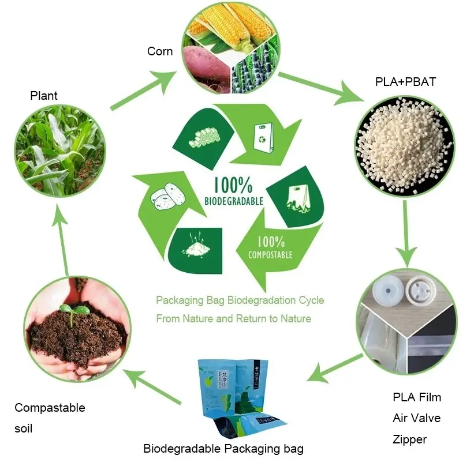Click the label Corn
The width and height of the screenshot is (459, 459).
[160, 51]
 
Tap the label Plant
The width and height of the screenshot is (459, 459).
[44, 95]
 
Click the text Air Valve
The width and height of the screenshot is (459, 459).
[416, 418]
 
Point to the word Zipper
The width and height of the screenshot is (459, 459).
[409, 439]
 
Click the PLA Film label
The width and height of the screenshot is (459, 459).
[416, 397]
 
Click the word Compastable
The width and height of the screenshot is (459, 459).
[50, 408]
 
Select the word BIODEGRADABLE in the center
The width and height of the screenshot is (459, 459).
[234, 201]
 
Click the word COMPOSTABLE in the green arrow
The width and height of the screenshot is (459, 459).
[270, 254]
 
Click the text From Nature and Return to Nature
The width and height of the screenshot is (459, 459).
[233, 318]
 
